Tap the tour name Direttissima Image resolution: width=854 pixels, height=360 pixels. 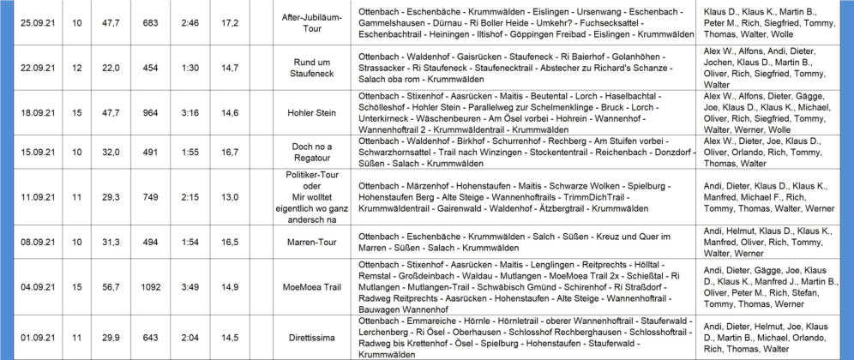[x=306, y=338]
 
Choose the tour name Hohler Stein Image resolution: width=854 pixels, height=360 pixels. [x=306, y=111]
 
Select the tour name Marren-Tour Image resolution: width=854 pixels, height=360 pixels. [x=306, y=243]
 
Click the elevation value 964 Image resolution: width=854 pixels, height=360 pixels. [x=151, y=111]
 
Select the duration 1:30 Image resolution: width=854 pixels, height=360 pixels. [x=190, y=68]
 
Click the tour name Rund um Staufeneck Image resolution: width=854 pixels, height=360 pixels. [x=306, y=68]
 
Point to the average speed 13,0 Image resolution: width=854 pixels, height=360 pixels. [x=230, y=196]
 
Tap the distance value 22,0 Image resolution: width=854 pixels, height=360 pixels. [x=111, y=68]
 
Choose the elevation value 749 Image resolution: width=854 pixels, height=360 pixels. [x=151, y=196]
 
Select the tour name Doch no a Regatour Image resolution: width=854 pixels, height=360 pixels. [x=306, y=153]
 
